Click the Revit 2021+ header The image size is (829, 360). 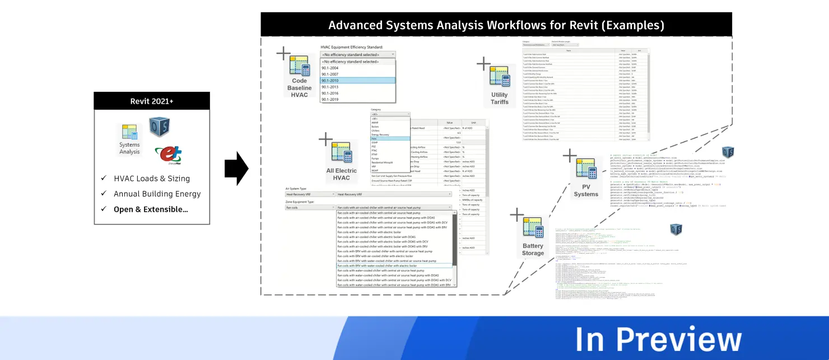click(x=151, y=101)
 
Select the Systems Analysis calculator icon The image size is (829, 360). click(x=129, y=133)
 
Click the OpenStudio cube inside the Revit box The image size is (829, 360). click(x=159, y=127)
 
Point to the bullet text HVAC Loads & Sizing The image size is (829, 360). click(x=152, y=179)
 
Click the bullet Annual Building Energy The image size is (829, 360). click(x=157, y=194)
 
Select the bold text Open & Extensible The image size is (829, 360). click(x=151, y=209)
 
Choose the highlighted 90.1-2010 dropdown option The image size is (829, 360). click(x=357, y=81)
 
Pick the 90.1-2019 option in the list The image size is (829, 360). click(x=330, y=100)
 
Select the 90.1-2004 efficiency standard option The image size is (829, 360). click(x=330, y=68)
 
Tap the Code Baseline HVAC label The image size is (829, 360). click(x=299, y=88)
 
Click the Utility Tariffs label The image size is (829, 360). click(x=499, y=99)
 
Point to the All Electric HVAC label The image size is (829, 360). click(x=341, y=174)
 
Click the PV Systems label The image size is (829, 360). click(x=586, y=190)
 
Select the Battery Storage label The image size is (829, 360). click(x=533, y=249)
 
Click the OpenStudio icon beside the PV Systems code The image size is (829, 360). click(x=728, y=152)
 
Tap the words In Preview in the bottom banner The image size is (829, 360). click(x=658, y=339)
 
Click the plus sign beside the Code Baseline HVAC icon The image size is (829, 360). click(x=283, y=54)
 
